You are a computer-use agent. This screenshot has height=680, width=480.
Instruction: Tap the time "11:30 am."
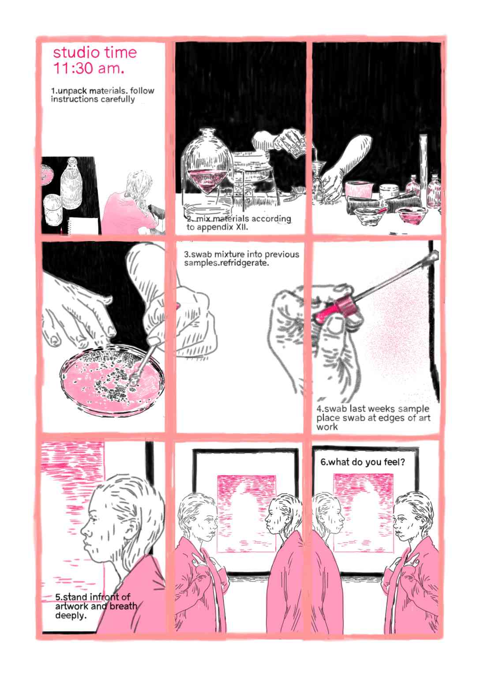tap(89, 68)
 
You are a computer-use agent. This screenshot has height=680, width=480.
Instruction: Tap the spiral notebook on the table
tap(82, 226)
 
